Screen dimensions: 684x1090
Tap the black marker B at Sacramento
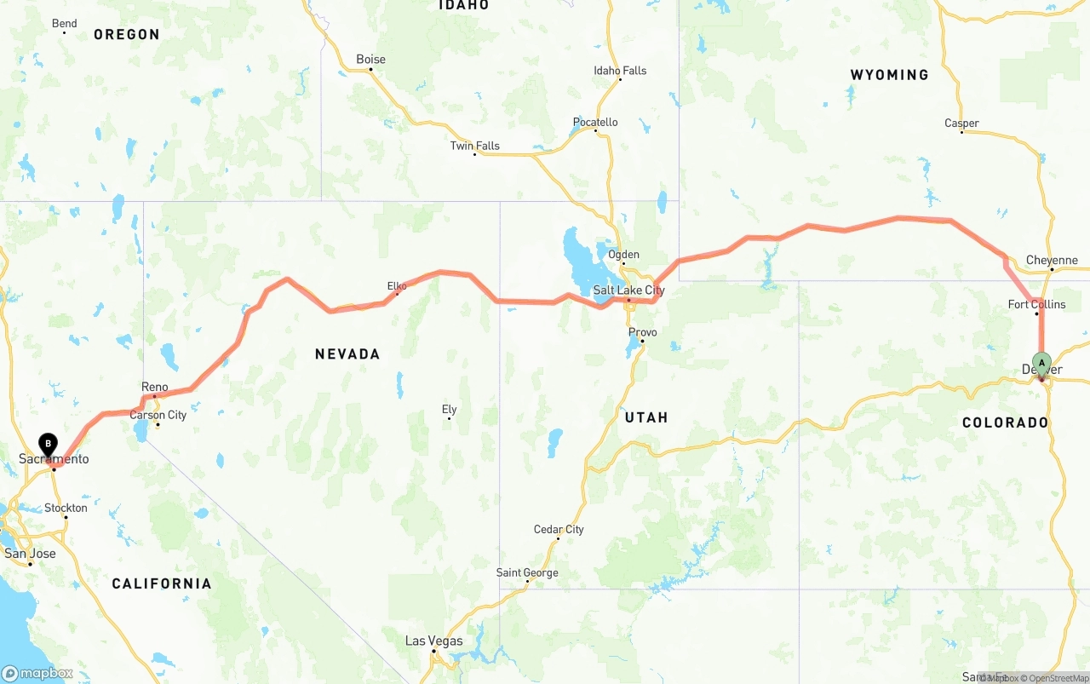(x=49, y=444)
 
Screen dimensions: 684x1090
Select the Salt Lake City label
(x=628, y=290)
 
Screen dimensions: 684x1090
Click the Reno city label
(x=155, y=388)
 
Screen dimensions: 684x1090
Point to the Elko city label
(x=397, y=286)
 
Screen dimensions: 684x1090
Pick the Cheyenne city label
(x=1052, y=261)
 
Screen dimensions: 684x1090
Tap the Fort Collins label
(x=1036, y=304)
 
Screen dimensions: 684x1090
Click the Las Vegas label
(x=433, y=641)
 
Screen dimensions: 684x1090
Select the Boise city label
(x=370, y=60)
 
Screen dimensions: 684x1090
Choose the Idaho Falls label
(x=620, y=71)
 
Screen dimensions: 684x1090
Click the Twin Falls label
(x=474, y=146)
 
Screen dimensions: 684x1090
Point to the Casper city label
(x=961, y=124)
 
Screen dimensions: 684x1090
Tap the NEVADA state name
(x=347, y=353)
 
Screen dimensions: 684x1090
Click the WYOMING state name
(x=889, y=75)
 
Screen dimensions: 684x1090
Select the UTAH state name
(x=646, y=417)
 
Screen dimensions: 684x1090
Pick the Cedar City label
(x=559, y=530)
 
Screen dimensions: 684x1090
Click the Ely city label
(x=449, y=410)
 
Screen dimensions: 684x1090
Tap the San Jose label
(x=30, y=554)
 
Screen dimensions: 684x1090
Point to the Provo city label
(x=642, y=332)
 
